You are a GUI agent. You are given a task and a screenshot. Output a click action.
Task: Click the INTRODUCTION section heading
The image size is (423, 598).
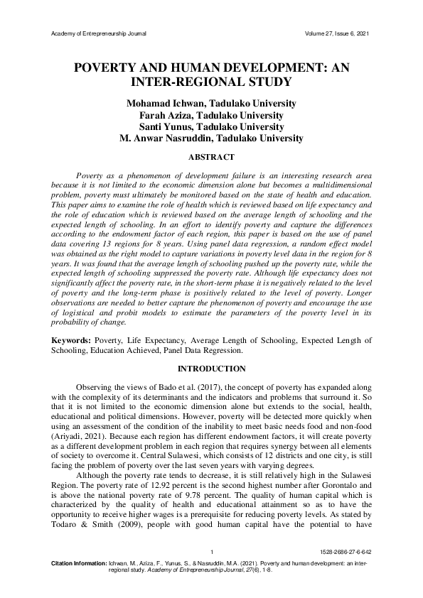211,369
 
